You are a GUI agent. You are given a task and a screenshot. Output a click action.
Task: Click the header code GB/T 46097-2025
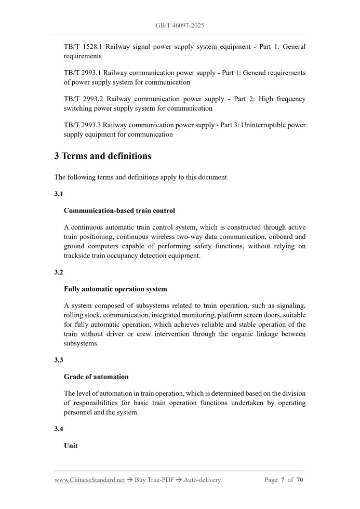pos(180,25)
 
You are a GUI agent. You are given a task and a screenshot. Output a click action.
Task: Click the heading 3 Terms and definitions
pos(103,156)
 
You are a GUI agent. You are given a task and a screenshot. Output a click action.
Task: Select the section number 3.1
pos(59,194)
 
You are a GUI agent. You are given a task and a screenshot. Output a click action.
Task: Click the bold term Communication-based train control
pos(119,211)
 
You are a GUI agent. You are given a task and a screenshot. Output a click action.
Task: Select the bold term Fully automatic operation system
pos(115,289)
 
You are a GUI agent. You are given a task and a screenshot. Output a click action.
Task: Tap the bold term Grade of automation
pos(96,377)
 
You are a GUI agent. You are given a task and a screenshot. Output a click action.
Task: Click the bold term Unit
pos(71,446)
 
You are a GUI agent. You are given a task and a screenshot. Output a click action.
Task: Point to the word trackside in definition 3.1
pos(78,256)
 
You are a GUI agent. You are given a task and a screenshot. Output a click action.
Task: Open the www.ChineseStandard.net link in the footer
pos(89,480)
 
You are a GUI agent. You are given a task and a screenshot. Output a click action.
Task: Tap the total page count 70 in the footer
pos(300,480)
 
